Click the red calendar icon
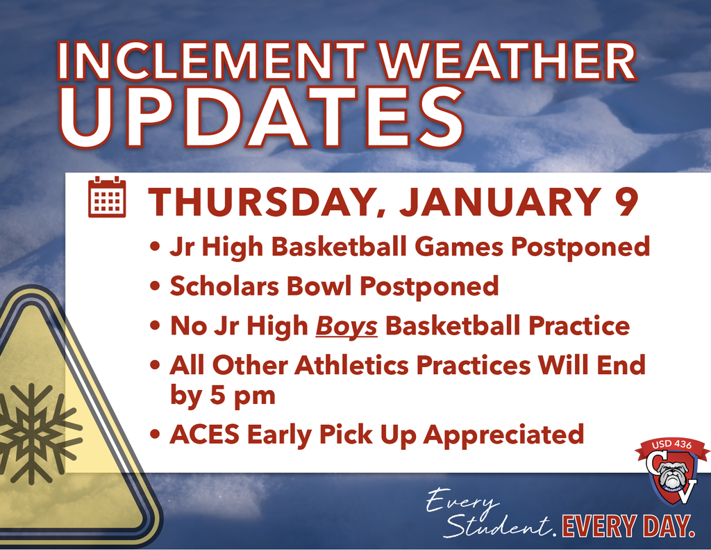(x=107, y=197)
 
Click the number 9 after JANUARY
(x=626, y=203)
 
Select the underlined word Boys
(x=346, y=326)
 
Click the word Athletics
(x=353, y=366)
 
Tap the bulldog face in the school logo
(x=673, y=476)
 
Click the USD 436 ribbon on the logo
(x=672, y=446)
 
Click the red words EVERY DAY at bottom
(x=628, y=526)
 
